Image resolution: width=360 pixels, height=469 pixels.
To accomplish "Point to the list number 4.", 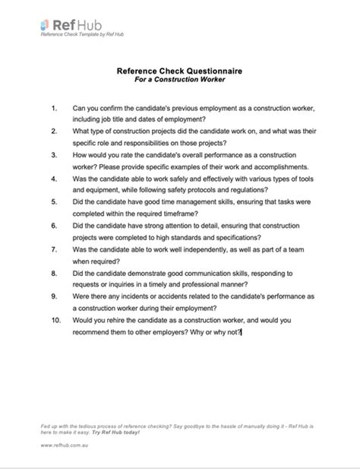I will coord(55,180).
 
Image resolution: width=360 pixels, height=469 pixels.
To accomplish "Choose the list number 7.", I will coord(55,249).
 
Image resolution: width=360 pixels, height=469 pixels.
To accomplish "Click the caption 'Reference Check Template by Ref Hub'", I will coord(82,34).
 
